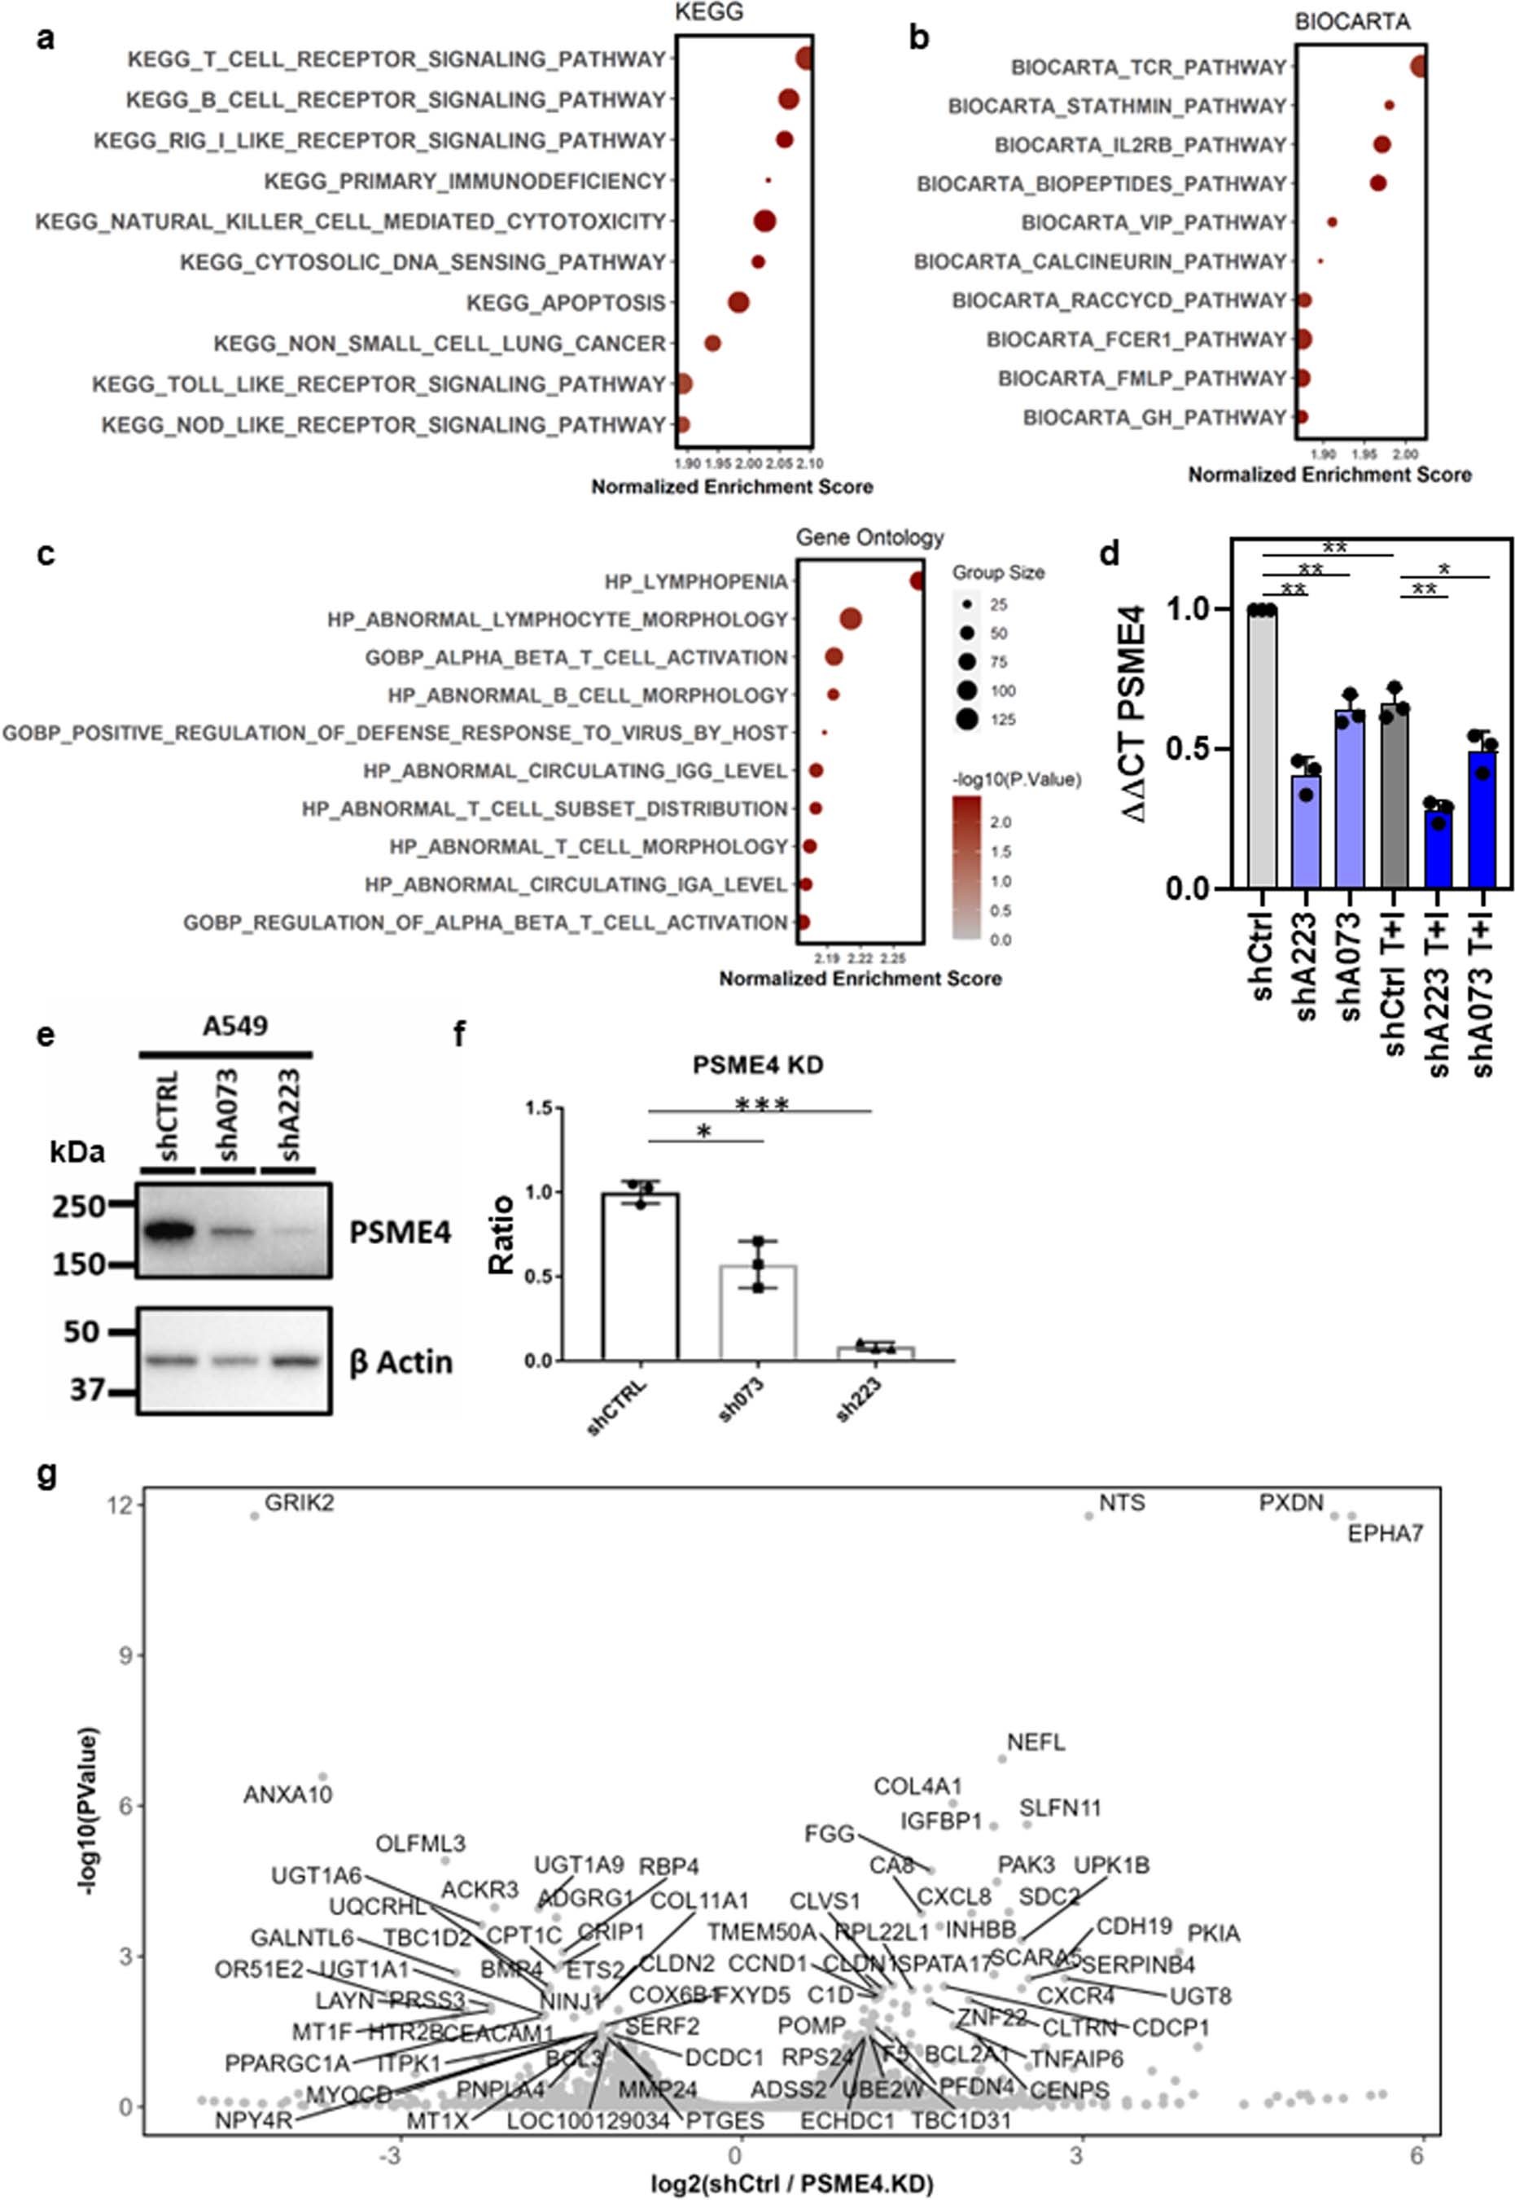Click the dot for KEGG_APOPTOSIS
(738, 303)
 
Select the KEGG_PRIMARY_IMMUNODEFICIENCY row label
(464, 181)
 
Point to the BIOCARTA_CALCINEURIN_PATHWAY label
(1100, 261)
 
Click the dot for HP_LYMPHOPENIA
(917, 581)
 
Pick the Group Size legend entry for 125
(967, 720)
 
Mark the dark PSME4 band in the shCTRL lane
(167, 1233)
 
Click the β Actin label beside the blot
(401, 1361)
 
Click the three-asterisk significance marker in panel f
(761, 1104)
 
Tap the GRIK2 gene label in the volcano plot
(299, 1504)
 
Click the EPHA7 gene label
(1385, 1533)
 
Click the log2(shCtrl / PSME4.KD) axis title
(791, 2183)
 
